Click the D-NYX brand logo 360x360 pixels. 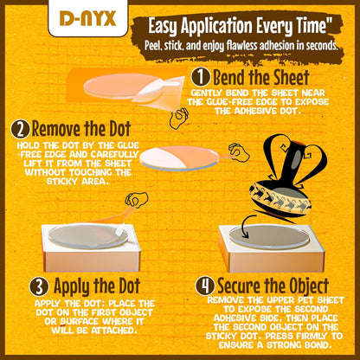pos(87,18)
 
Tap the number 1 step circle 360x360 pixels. pos(201,77)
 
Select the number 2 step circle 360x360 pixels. pos(21,130)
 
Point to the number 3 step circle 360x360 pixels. pos(39,286)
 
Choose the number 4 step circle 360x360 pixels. pos(205,286)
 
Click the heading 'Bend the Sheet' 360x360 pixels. pos(261,77)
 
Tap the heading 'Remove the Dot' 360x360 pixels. pos(81,129)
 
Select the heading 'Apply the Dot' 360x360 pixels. pos(97,286)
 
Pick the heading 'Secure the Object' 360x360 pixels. pos(273,286)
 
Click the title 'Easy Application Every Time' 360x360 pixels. pos(241,27)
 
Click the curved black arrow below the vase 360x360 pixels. pos(247,226)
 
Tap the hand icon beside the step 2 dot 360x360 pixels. pos(239,151)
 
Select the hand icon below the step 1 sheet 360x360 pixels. pos(179,118)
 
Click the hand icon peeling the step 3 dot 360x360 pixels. pos(137,200)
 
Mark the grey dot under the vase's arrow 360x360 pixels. pos(269,237)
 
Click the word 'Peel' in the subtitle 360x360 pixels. pos(152,46)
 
